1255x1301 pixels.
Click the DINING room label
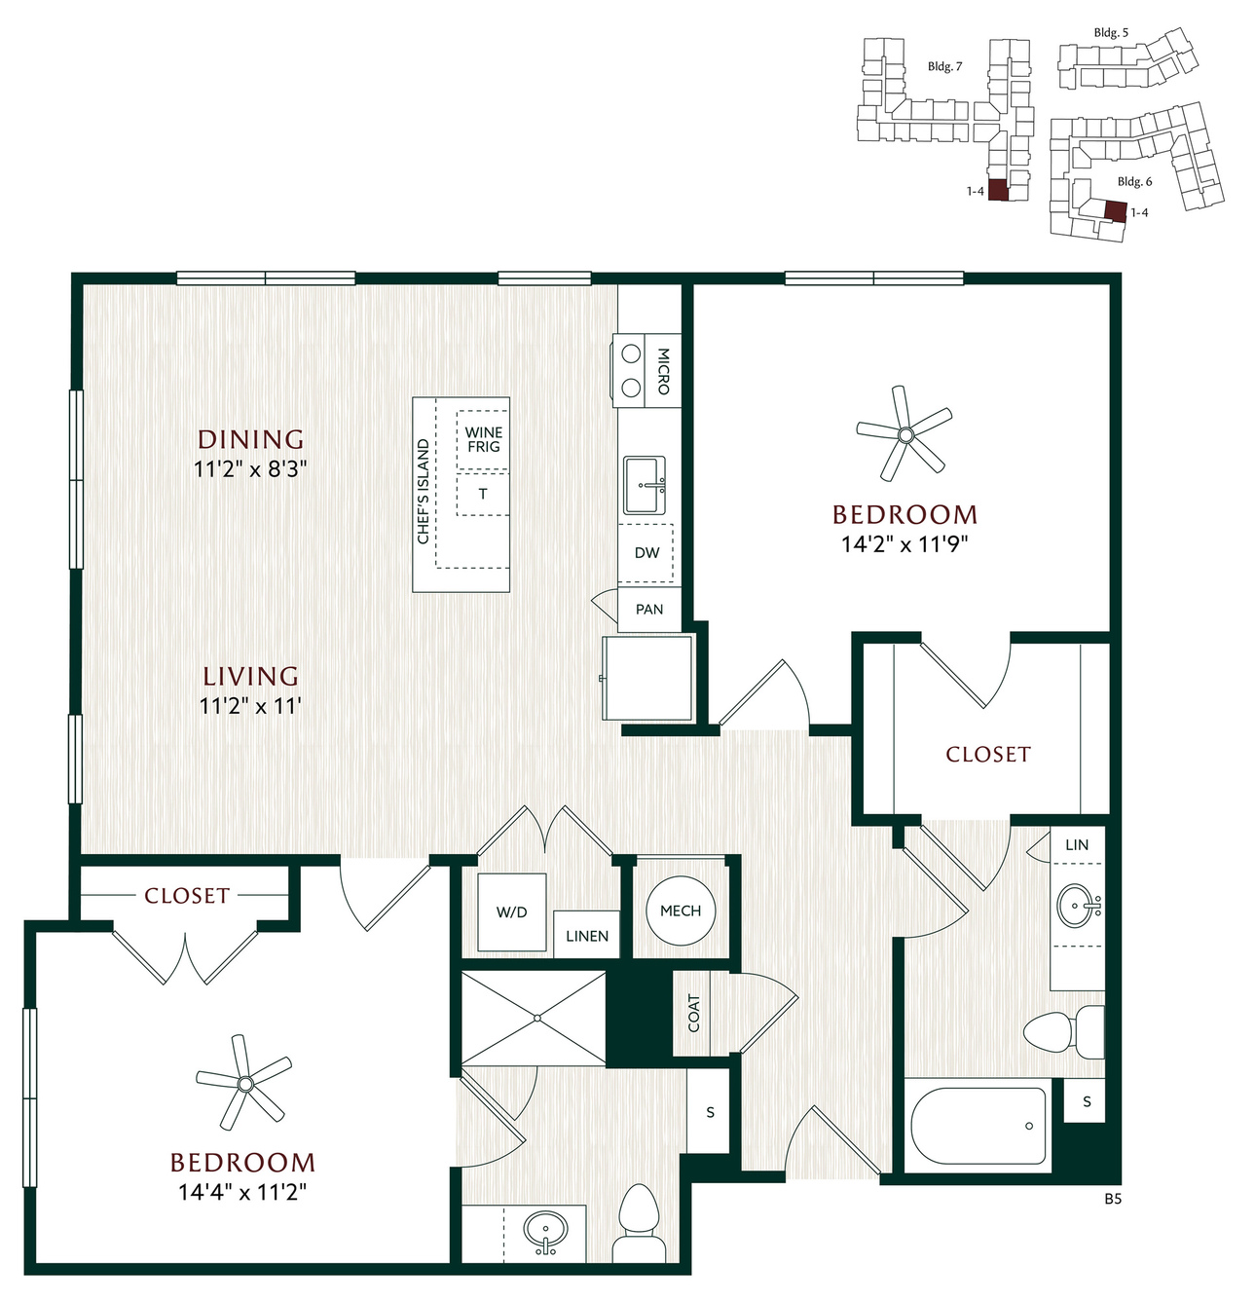(250, 439)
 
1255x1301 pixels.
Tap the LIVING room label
(250, 676)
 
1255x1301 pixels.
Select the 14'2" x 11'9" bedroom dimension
(904, 544)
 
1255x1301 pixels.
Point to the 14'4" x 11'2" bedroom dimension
(241, 1191)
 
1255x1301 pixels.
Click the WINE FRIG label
(483, 439)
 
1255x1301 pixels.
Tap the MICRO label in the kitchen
(662, 371)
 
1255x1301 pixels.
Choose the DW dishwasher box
(646, 553)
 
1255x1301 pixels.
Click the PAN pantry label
(648, 609)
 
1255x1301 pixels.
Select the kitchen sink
(645, 485)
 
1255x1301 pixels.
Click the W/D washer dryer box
(512, 911)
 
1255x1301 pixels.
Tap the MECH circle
(681, 910)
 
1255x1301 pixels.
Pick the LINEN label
(587, 936)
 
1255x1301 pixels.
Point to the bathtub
(978, 1126)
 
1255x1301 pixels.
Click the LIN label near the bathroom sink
(1077, 844)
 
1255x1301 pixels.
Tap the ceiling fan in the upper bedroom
(904, 434)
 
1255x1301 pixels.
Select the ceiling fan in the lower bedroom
(244, 1083)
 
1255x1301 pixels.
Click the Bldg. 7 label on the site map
(945, 66)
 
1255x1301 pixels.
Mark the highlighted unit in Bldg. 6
(1114, 211)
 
